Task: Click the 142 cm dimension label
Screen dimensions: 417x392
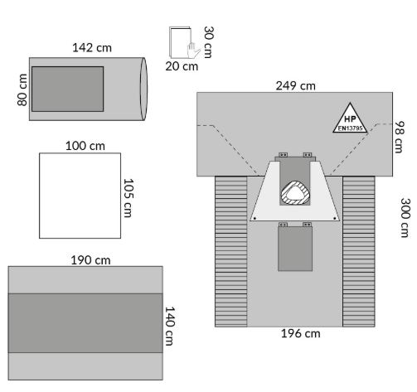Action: coord(92,48)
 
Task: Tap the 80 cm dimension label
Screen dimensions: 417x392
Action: coord(22,90)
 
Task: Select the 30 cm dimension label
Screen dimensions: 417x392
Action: coord(209,42)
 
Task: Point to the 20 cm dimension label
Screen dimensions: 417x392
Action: coord(182,66)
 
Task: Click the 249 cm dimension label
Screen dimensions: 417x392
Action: coord(295,85)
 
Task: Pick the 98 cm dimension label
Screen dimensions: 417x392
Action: coord(400,137)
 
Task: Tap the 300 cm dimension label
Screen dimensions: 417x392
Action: coord(405,218)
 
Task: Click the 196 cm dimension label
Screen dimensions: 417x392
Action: coord(301,333)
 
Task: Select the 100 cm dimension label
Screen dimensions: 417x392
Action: coord(85,146)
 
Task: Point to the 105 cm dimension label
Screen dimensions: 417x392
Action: coord(128,198)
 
